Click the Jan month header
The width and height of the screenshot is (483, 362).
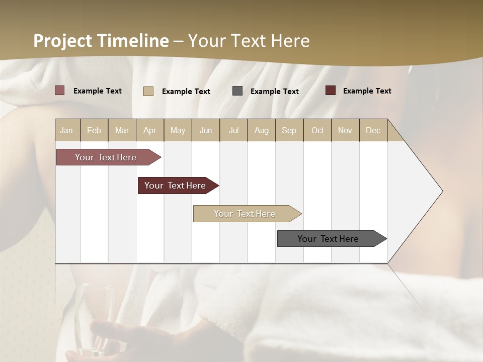click(x=67, y=130)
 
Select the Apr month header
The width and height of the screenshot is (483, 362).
click(x=150, y=130)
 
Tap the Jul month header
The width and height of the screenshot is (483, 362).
click(x=233, y=130)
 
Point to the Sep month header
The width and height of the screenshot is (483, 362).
click(x=289, y=130)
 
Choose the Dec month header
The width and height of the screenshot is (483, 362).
click(x=373, y=130)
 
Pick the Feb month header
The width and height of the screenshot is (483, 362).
click(x=94, y=130)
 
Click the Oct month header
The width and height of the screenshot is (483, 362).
click(x=317, y=130)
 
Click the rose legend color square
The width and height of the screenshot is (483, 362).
click(x=60, y=90)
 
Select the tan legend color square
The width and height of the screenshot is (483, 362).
click(x=148, y=91)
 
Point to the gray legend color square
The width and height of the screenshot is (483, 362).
click(x=237, y=91)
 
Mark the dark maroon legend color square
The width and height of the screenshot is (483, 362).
click(x=331, y=90)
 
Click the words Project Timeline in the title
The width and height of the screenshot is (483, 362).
click(x=101, y=41)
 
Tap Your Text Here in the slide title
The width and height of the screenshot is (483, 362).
click(x=249, y=41)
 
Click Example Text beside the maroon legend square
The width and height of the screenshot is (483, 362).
click(x=367, y=91)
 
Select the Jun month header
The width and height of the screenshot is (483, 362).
click(x=206, y=130)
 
